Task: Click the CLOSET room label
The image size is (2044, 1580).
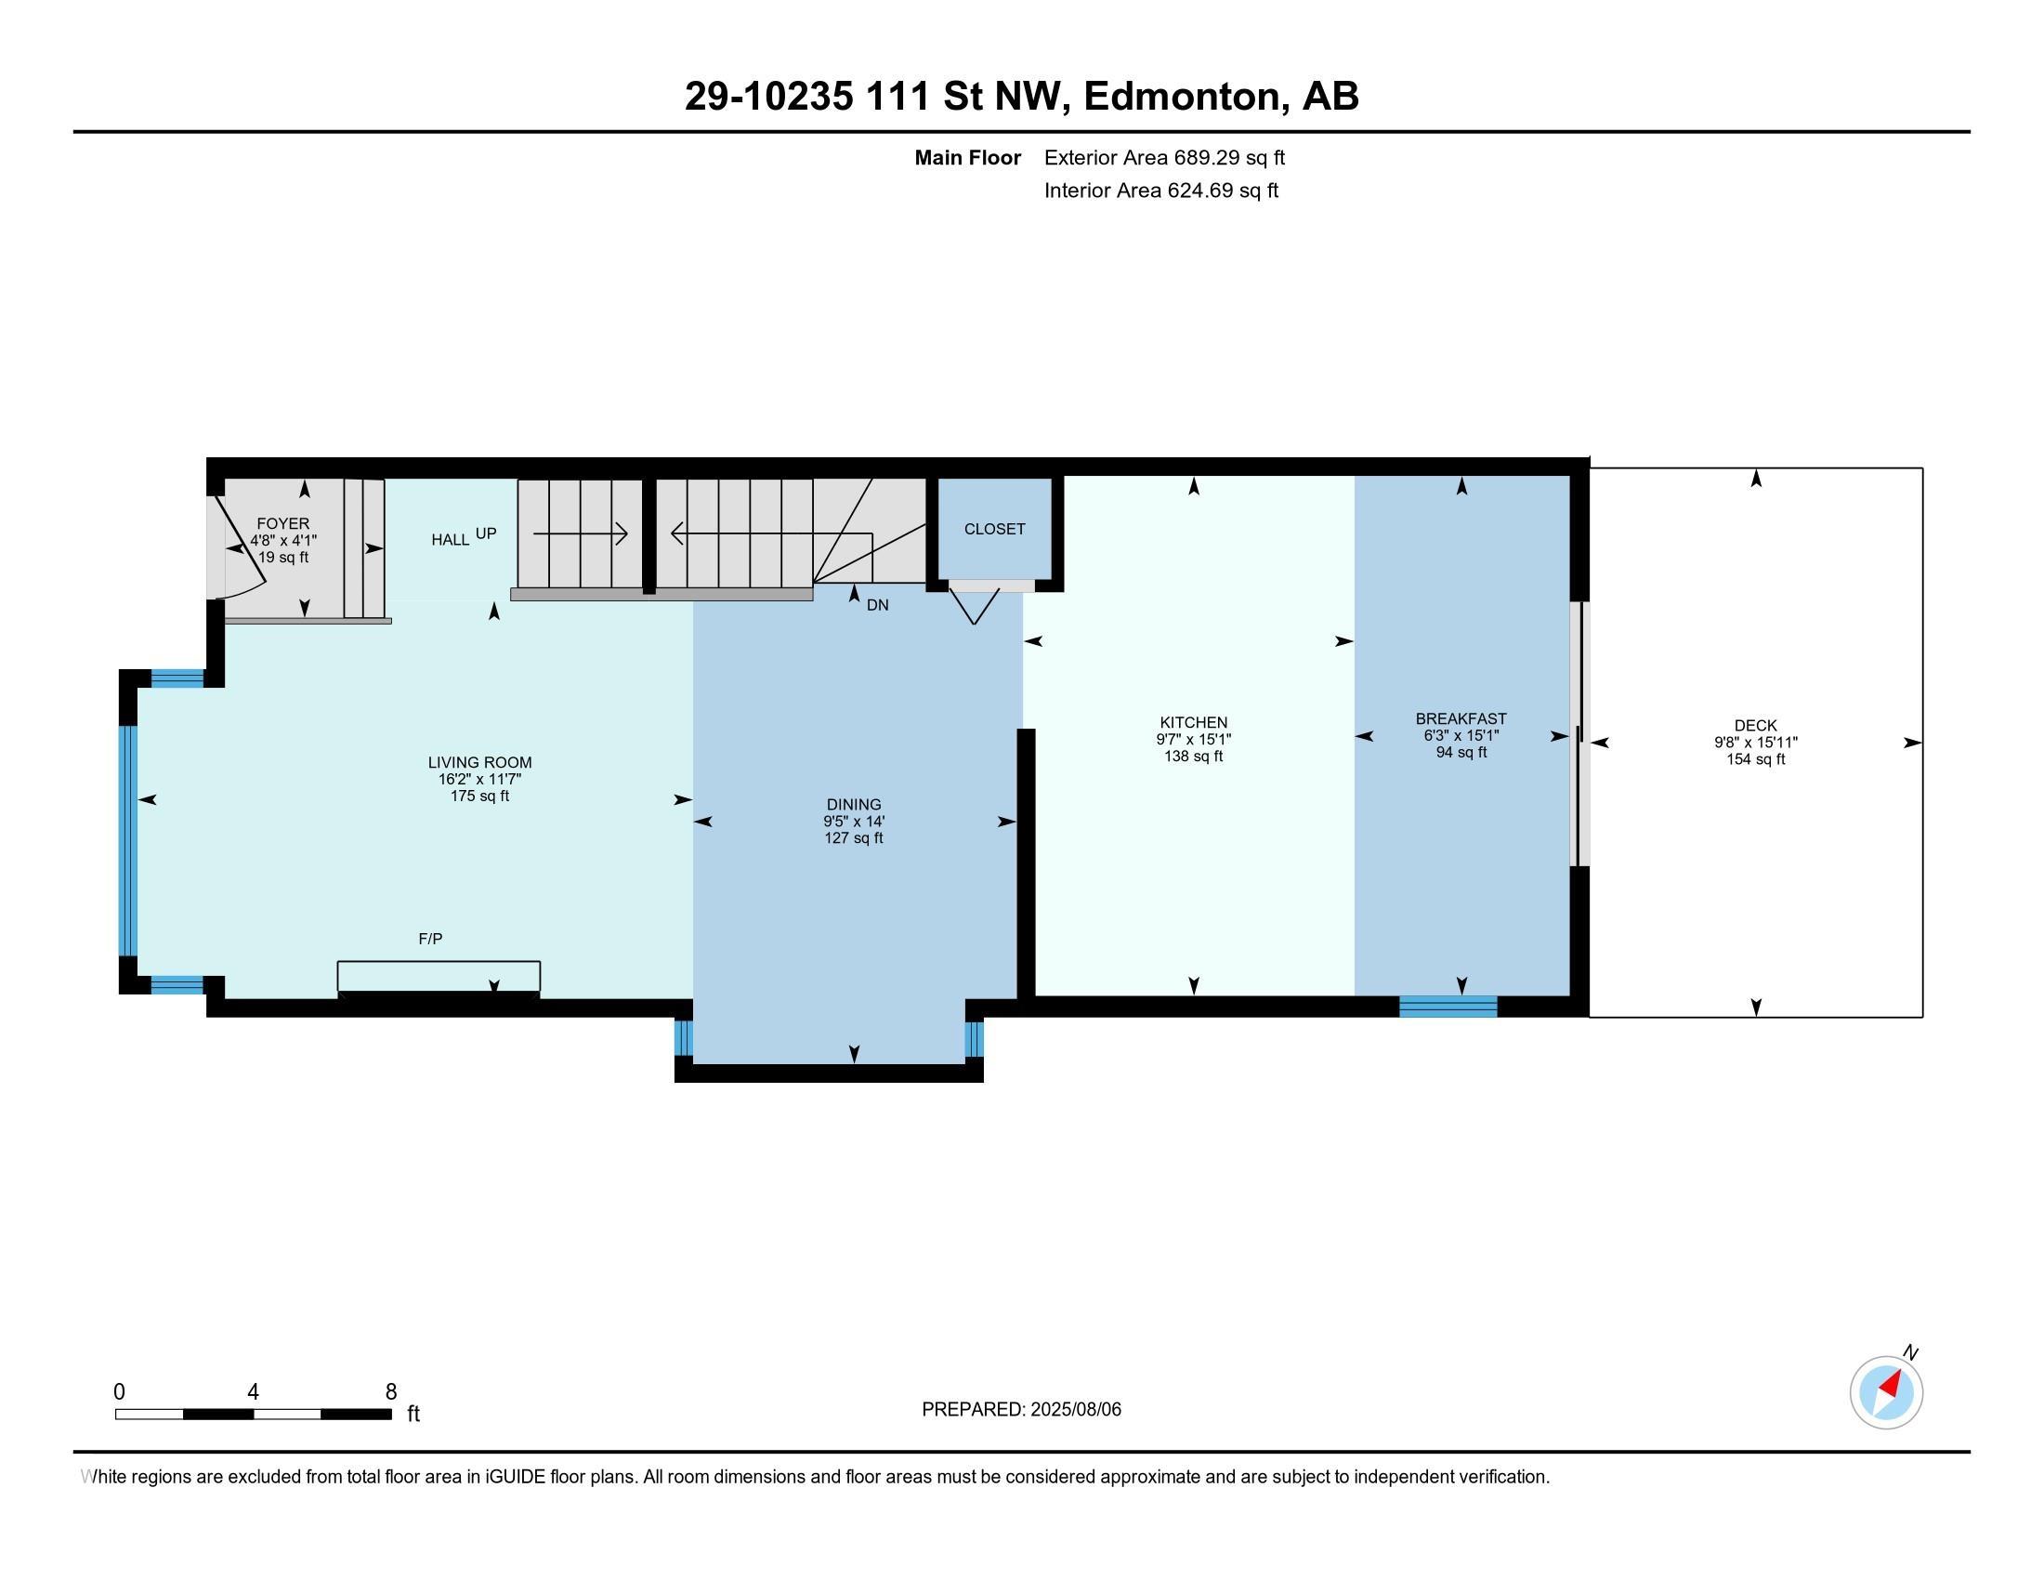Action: tap(995, 529)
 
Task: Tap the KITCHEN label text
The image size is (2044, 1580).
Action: tap(1193, 722)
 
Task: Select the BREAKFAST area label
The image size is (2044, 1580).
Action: tap(1461, 718)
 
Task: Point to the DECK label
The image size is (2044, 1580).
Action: tap(1756, 726)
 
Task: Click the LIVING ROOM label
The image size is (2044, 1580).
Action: tap(480, 763)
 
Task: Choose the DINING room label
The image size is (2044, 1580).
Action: tap(854, 804)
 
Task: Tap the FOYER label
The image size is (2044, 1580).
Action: tap(282, 524)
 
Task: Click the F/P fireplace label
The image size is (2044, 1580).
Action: tap(430, 939)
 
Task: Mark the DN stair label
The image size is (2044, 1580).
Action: tap(878, 606)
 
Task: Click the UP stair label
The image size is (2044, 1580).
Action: tap(486, 533)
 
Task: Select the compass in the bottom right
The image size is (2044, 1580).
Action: tap(1886, 1392)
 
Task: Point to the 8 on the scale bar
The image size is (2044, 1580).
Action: tap(391, 1392)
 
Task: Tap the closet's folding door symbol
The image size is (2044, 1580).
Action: tap(975, 606)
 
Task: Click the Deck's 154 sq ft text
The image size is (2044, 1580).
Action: tap(1756, 759)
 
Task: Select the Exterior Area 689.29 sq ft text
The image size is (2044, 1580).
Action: tap(1164, 158)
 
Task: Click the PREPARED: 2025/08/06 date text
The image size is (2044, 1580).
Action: tap(1021, 1410)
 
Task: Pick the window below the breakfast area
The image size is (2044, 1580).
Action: tap(1448, 1007)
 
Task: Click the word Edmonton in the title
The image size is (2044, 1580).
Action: tap(1182, 97)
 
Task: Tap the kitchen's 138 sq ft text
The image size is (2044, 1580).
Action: tap(1193, 757)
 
